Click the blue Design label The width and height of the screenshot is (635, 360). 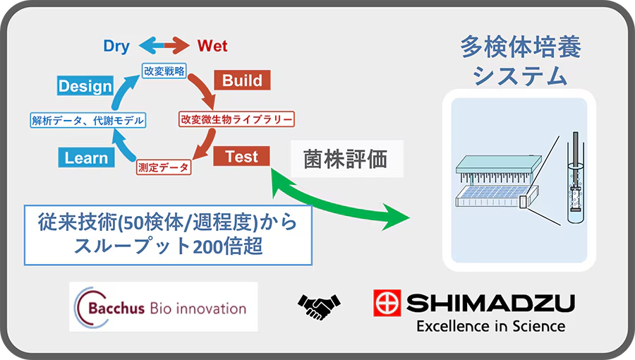(85, 86)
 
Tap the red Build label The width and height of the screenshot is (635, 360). (242, 80)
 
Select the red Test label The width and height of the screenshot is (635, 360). (241, 156)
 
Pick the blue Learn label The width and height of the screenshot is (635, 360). (86, 157)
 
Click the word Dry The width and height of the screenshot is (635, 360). (116, 46)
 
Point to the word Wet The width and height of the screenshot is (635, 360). (212, 46)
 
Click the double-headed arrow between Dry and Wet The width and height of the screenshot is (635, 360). (164, 45)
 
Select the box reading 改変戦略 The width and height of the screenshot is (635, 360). (164, 71)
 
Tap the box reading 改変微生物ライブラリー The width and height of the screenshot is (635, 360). (236, 119)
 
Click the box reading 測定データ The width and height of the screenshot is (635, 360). (164, 167)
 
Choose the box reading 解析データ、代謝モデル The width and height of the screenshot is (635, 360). (88, 120)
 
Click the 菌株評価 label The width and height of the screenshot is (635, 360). (346, 159)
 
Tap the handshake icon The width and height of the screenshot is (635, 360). (319, 306)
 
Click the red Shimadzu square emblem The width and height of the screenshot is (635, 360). (387, 303)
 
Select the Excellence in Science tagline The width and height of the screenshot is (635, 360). (491, 326)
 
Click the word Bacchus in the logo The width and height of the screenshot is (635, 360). (116, 308)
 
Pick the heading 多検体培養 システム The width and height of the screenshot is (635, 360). (521, 61)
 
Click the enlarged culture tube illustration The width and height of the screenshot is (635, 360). (575, 177)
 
